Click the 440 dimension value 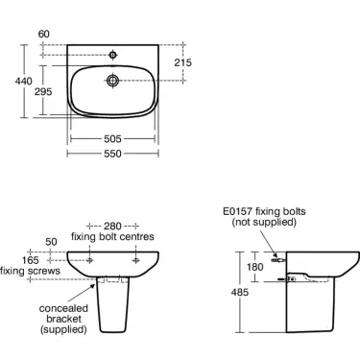point(24,82)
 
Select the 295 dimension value point(43,92)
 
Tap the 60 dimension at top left point(44,34)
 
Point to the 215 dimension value point(183,62)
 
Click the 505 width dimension point(112,139)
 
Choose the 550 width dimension point(112,154)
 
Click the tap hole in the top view point(112,55)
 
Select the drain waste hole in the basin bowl point(112,80)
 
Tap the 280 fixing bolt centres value point(112,227)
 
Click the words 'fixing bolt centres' point(112,237)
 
